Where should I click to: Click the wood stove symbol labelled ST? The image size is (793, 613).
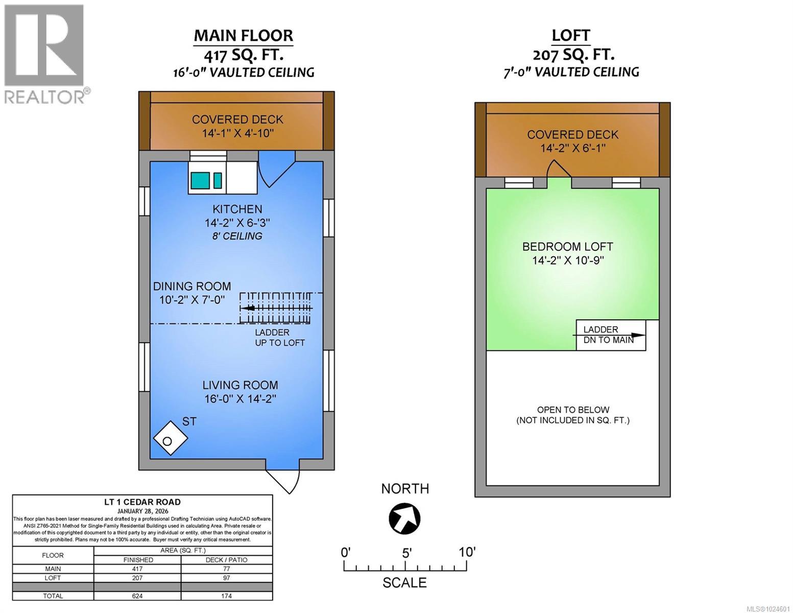170,438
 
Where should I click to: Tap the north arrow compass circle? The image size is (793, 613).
404,518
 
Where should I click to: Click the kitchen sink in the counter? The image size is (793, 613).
200,180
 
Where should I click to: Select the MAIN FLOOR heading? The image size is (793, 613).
243,36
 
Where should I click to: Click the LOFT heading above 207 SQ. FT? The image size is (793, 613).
571,35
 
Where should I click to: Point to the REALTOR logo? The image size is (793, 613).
45,54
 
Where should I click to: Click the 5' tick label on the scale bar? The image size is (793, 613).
406,553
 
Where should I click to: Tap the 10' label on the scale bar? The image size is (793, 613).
467,552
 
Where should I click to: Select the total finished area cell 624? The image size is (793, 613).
137,596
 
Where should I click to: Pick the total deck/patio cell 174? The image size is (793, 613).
226,596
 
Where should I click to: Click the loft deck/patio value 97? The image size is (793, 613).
226,578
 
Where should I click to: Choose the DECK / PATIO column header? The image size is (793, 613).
226,560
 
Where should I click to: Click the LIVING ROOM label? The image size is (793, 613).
240,386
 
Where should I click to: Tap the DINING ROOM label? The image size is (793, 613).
192,287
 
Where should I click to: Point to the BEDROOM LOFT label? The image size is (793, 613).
567,247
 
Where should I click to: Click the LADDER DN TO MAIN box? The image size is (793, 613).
611,335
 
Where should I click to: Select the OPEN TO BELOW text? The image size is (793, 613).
573,410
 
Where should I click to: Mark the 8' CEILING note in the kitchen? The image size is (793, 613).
237,236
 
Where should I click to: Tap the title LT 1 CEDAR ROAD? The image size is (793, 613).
142,502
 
